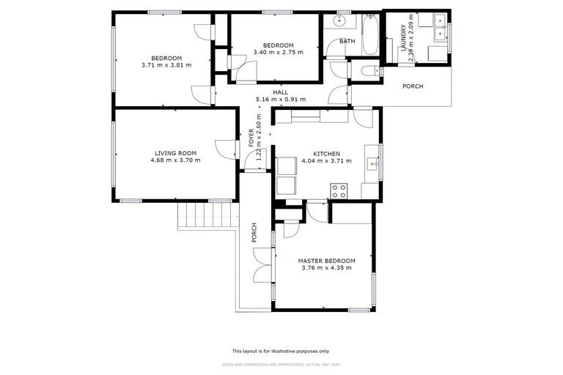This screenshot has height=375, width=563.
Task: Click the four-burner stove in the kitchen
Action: coord(339,190)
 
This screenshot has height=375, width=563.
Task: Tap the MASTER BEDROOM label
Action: coord(326,261)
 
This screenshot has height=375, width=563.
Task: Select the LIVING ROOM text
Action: coord(175,153)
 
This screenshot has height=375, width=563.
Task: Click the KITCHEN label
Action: coord(326,154)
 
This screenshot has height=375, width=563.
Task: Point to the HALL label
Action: coord(281,92)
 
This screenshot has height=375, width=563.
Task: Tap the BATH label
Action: coord(347,41)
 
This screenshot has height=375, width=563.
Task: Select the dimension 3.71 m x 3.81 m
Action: coord(166,65)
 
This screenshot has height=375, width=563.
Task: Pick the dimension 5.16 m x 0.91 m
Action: coord(281,99)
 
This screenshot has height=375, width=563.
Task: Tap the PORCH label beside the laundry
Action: coord(413,86)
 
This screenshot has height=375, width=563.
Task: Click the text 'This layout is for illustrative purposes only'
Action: coord(281,351)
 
